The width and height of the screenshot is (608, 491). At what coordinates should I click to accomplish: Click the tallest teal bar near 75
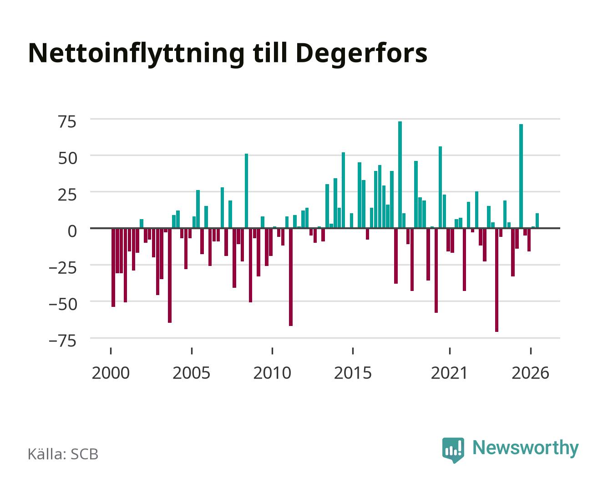point(400,175)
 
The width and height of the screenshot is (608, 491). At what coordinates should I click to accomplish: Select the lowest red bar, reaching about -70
point(497,280)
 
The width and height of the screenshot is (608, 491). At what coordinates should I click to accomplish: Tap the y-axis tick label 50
point(68,158)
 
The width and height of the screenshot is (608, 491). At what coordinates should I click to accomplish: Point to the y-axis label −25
point(63,268)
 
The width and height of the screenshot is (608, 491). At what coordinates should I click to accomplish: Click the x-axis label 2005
point(191,373)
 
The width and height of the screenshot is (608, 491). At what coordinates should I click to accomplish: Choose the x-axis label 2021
point(449,373)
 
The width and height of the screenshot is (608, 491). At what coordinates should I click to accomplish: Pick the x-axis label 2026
point(530,373)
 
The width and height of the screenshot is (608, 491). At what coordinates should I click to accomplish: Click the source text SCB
point(85,454)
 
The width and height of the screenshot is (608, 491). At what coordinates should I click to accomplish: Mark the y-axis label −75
point(63,341)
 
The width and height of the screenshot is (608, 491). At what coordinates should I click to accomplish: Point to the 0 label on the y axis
point(72,231)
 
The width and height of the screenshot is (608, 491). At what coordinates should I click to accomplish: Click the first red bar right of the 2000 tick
point(113,267)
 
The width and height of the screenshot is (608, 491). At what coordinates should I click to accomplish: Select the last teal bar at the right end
point(537,220)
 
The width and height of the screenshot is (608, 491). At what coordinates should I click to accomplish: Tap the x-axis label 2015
point(353,373)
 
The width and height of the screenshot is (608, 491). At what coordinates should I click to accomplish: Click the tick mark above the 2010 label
point(272,351)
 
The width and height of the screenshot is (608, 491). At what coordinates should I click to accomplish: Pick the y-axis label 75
point(68,122)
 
